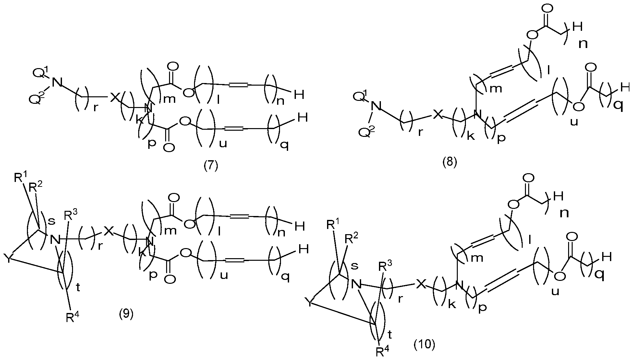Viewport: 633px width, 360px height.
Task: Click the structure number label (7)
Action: [211, 165]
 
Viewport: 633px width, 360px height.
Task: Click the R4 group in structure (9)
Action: [72, 316]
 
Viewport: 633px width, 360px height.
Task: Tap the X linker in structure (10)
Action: [420, 285]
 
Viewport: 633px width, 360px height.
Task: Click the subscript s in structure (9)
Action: [51, 221]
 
